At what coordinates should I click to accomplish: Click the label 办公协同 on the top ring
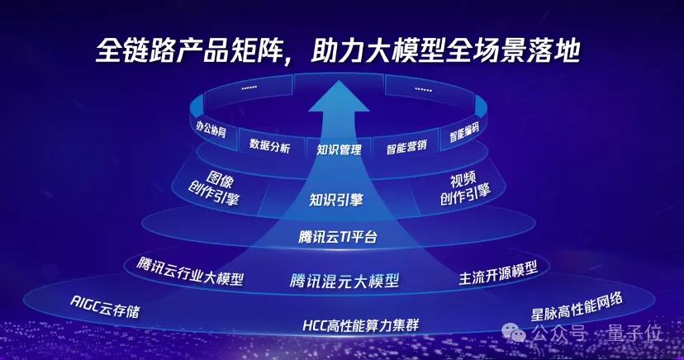tap(211, 130)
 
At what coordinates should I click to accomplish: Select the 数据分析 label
tap(269, 145)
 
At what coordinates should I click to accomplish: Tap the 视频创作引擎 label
tap(465, 187)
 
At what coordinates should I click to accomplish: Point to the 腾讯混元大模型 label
tap(344, 281)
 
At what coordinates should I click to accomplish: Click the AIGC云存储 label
tap(105, 306)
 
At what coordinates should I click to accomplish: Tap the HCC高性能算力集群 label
tap(361, 324)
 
